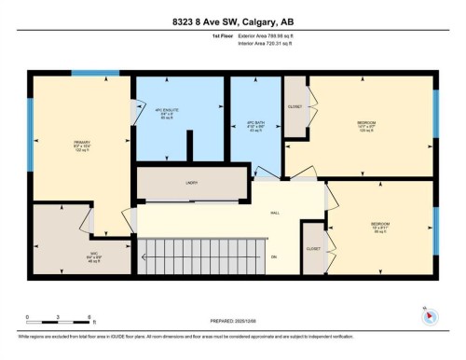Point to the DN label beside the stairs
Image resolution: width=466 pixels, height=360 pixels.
click(x=274, y=256)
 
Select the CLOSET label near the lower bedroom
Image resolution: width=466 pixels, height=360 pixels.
click(x=312, y=249)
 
